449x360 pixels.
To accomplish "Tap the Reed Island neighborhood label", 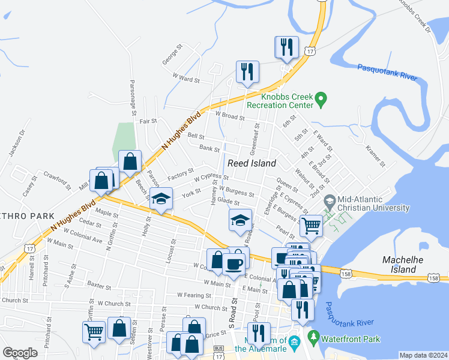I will [x=252, y=163].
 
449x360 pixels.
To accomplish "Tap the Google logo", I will [x=20, y=352].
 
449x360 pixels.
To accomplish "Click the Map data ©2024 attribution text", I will [x=423, y=355].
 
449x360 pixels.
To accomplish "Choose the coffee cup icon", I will [x=234, y=263].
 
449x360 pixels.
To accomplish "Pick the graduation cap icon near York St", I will [x=161, y=199].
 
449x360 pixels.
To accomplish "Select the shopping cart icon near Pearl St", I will [x=311, y=226].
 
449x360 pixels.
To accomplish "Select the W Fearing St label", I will [x=194, y=295].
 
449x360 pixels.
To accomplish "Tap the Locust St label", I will [x=172, y=250].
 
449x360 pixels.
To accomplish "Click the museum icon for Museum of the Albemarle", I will [x=294, y=343].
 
